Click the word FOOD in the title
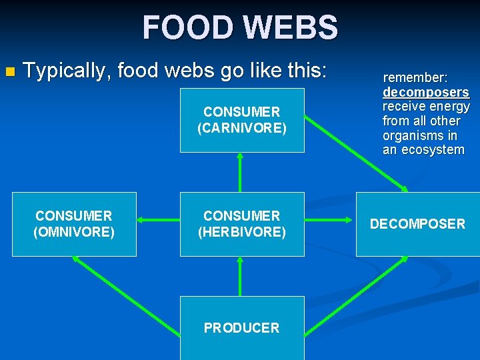tap(187, 28)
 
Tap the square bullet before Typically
tap(9, 71)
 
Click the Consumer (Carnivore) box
tap(242, 120)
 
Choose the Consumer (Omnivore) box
tap(74, 224)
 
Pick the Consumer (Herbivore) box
tap(242, 224)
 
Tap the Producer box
tap(242, 328)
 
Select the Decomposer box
tap(418, 224)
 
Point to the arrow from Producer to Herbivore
tap(240, 276)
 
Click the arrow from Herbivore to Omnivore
tap(158, 220)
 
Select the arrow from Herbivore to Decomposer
tap(329, 220)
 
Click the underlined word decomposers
tap(425, 92)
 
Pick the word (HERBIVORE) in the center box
tap(242, 232)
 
